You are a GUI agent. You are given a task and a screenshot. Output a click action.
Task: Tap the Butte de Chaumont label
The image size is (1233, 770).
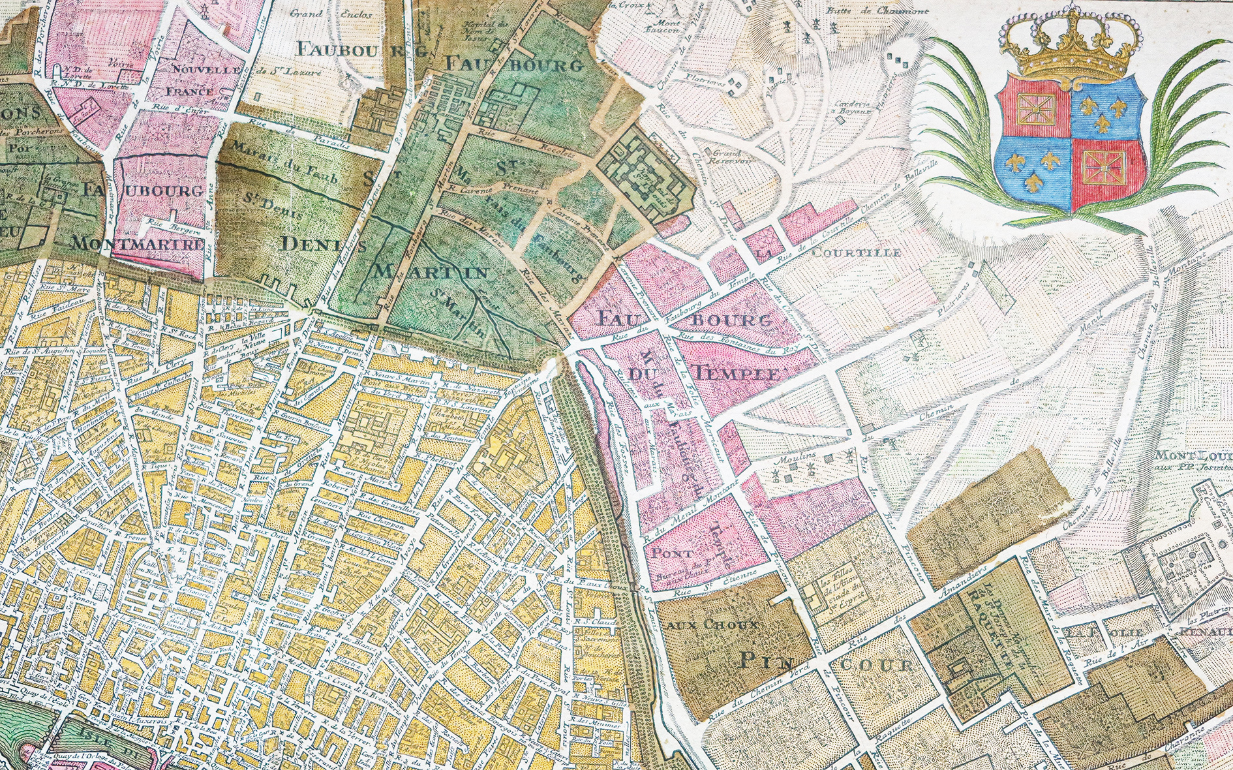pos(868,11)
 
